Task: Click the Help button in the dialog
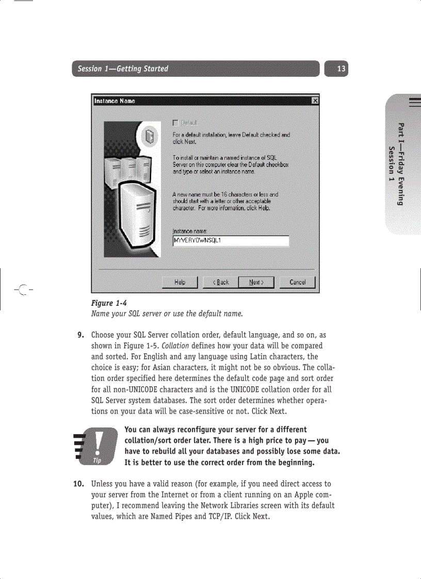click(x=180, y=283)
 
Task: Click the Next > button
click(x=256, y=283)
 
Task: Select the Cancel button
click(x=297, y=283)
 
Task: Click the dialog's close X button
click(x=315, y=101)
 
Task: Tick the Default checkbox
click(x=175, y=123)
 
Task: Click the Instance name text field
click(x=230, y=241)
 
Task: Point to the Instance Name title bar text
click(x=115, y=101)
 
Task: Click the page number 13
click(x=341, y=69)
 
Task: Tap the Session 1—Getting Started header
click(x=123, y=69)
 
